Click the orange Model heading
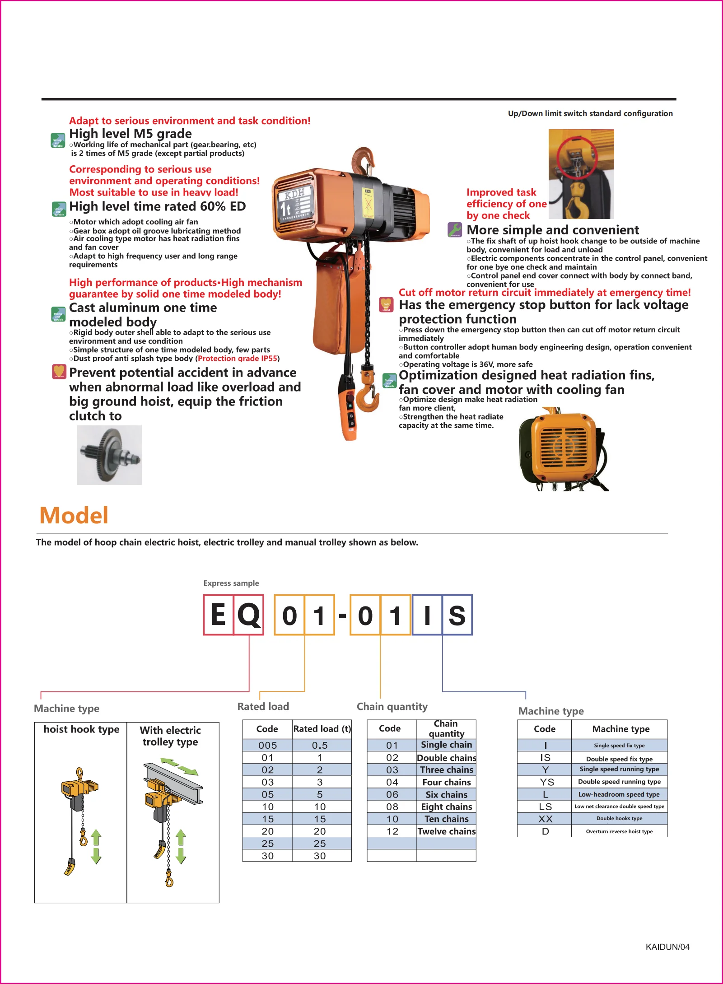coord(74,515)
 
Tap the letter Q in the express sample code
coord(249,615)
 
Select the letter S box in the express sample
coord(457,615)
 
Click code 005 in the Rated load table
coord(267,745)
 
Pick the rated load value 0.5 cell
coord(320,745)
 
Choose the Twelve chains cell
coord(446,831)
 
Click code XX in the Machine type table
coord(545,819)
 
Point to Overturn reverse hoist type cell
coord(619,831)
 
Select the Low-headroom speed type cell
coord(619,794)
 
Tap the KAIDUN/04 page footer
coord(667,947)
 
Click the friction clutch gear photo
coord(109,455)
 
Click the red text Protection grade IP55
coord(238,358)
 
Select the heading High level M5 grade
coord(130,134)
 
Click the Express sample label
coord(231,583)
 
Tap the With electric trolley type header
coord(170,736)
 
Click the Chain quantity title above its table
coord(392,706)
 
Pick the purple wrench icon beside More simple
coord(455,229)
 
